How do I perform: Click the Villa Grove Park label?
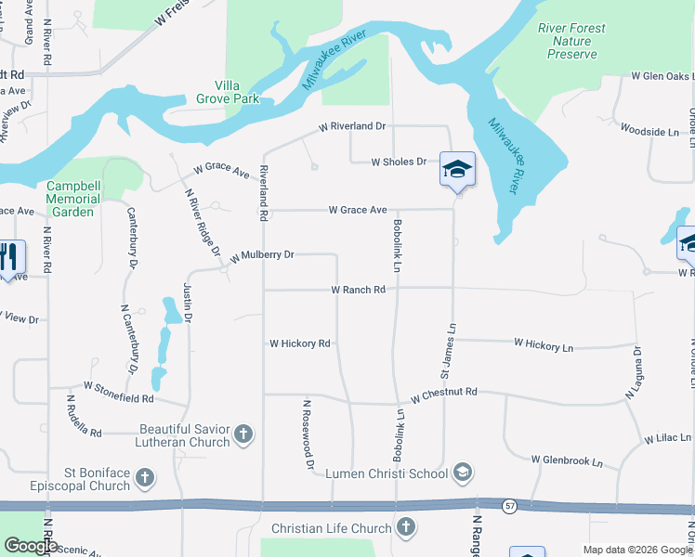(228, 91)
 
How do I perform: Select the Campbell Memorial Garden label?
(73, 199)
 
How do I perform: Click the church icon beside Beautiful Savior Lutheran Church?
(243, 434)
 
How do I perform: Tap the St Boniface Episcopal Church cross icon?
(144, 479)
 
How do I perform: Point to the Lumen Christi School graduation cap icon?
(461, 473)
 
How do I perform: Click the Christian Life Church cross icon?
(405, 528)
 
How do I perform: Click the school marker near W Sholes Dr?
(457, 170)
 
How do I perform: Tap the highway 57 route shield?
(510, 506)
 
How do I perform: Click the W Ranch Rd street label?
(359, 291)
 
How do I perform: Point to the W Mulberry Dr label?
(262, 254)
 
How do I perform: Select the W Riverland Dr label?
(351, 126)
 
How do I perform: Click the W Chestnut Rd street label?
(445, 393)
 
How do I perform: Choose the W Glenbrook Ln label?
(567, 460)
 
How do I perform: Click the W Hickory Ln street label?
(544, 344)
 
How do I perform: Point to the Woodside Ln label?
(649, 132)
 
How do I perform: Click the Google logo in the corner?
(31, 546)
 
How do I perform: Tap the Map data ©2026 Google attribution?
(636, 550)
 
